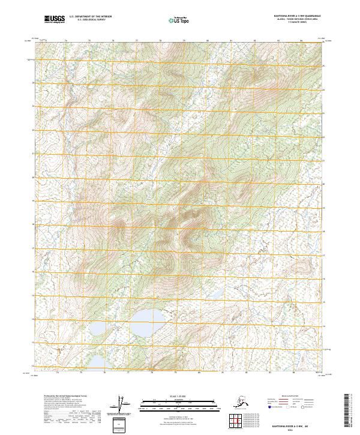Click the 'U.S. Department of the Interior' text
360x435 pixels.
click(x=90, y=18)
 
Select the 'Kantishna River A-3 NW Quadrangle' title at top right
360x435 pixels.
click(x=293, y=16)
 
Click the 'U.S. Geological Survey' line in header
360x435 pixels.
click(x=90, y=21)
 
